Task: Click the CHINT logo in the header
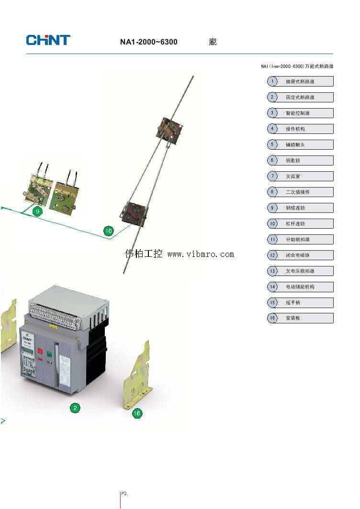48,40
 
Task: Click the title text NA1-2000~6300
148,42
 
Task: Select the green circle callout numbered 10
109,232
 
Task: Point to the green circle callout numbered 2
75,408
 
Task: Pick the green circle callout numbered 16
137,413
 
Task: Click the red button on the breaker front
40,352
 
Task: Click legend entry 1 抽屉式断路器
300,81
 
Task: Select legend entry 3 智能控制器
300,113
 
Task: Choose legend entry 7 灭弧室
300,176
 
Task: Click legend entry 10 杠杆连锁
300,223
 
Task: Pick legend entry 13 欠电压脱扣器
300,271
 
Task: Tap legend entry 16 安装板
300,318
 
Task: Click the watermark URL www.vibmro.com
201,254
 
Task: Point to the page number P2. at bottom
124,493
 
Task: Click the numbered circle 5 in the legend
272,144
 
